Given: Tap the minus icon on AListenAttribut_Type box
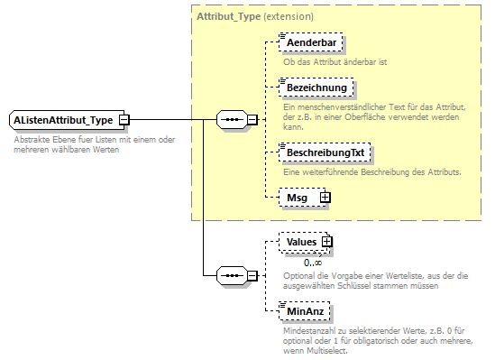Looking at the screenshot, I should click(124, 120).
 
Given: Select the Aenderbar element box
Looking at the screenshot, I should click(311, 42).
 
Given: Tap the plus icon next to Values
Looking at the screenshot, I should click(328, 242).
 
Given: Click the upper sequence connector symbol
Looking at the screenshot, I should click(232, 120).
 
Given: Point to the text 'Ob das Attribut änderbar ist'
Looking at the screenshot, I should click(335, 61).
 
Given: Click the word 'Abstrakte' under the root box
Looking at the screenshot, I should click(33, 139).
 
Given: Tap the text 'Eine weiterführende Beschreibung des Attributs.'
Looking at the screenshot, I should click(372, 171).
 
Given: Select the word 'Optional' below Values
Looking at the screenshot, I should click(299, 274).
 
